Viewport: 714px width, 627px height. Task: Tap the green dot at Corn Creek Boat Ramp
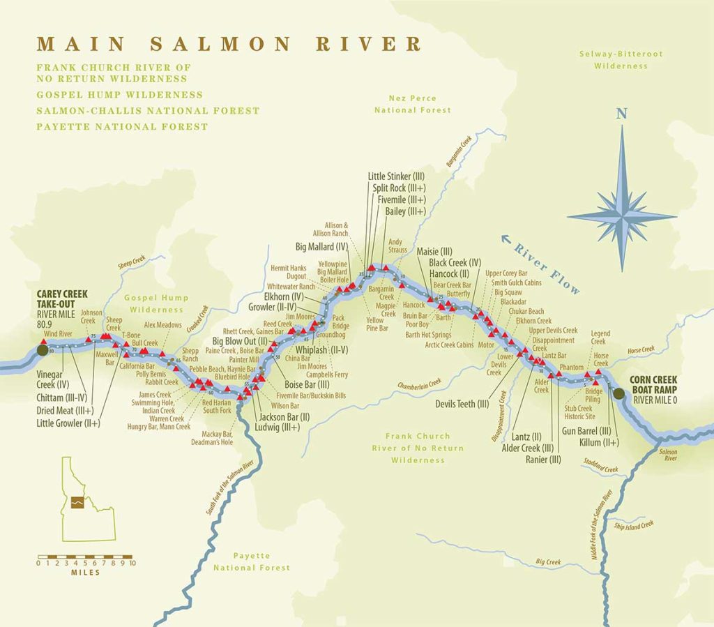(618, 393)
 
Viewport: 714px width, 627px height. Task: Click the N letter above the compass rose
(621, 114)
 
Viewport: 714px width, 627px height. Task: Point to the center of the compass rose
(621, 217)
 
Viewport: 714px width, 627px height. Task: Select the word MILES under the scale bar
(85, 573)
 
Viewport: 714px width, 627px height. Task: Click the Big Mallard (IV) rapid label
(321, 246)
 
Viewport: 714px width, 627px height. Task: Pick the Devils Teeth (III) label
(462, 403)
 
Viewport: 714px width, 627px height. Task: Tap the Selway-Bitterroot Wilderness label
(621, 60)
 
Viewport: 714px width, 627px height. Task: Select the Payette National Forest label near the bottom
(252, 561)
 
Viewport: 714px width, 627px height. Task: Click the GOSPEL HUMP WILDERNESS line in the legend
(121, 95)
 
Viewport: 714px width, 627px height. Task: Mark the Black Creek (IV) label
(455, 263)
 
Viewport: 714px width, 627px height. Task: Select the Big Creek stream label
(549, 560)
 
